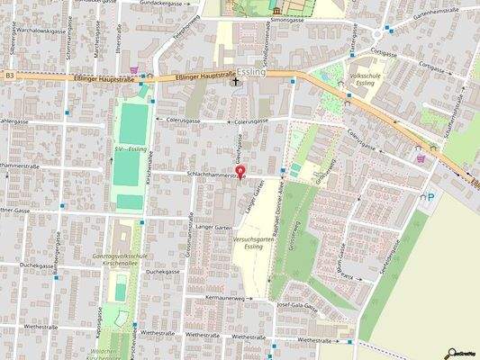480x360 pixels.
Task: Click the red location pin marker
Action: point(240,172)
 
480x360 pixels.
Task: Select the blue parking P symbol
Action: point(430,196)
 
